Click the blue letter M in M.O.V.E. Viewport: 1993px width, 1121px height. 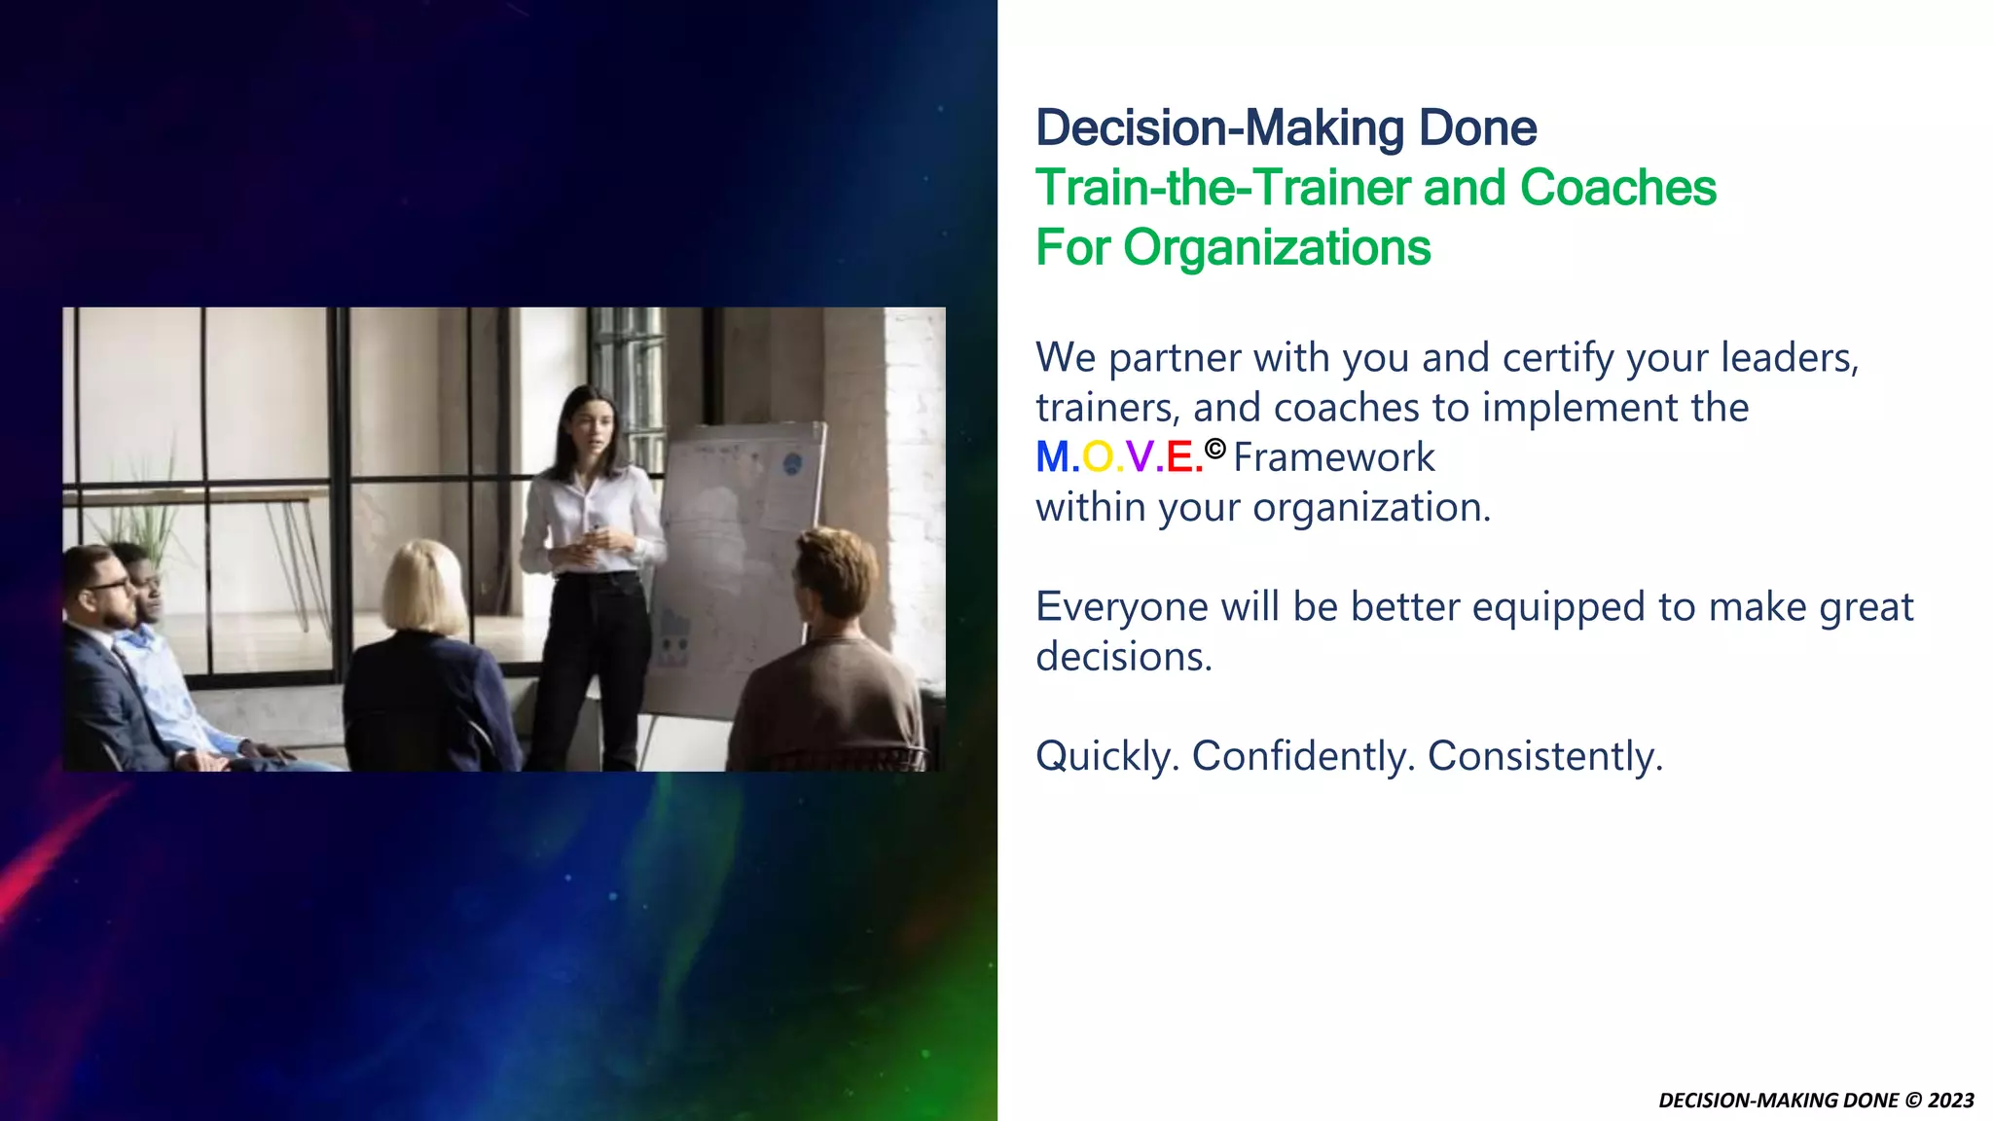point(1052,457)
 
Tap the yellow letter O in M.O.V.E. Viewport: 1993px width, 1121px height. point(1098,457)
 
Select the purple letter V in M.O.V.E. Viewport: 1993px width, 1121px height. point(1140,457)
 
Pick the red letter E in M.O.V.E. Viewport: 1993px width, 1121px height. point(1179,457)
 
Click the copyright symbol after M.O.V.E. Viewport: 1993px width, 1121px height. point(1214,449)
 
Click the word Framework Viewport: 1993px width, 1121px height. point(1333,457)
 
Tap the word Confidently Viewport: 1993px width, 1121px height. point(1303,756)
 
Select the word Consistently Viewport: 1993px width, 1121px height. point(1544,756)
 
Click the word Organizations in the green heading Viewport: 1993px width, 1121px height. point(1277,247)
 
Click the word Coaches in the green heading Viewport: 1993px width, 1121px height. point(1617,188)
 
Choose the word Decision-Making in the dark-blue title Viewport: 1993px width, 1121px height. point(1219,128)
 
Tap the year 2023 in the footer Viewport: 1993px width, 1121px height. point(1950,1101)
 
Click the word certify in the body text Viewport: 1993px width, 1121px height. point(1558,358)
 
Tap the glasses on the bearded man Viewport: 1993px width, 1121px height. point(108,586)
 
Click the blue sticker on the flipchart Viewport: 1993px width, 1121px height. point(792,463)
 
